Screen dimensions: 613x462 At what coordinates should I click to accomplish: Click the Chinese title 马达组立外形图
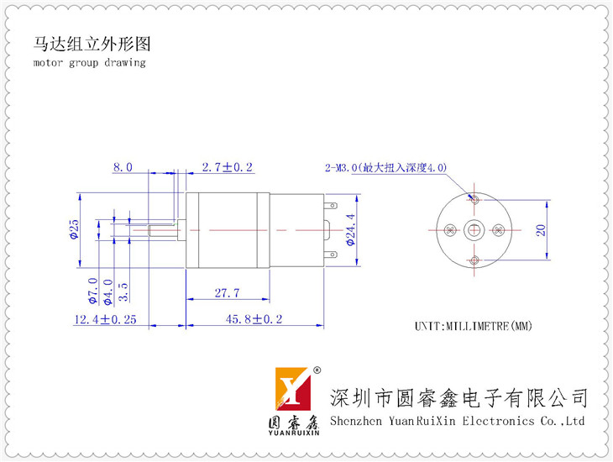click(92, 44)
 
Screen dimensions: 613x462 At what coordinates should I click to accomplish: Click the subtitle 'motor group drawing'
click(90, 63)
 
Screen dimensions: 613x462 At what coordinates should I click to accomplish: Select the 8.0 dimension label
click(123, 167)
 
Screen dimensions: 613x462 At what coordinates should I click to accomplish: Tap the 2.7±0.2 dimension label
click(227, 167)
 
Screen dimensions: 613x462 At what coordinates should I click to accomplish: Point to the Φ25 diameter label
click(74, 229)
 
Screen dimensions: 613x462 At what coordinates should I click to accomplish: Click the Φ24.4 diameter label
click(351, 229)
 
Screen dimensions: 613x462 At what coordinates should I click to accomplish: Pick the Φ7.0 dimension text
click(92, 291)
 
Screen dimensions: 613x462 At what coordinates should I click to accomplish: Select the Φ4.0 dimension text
click(107, 291)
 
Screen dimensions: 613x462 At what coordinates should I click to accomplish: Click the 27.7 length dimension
click(227, 292)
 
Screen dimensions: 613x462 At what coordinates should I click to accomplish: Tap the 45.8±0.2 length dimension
click(254, 319)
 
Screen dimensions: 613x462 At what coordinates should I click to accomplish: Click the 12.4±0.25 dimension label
click(106, 319)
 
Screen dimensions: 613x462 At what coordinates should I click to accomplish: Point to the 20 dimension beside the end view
click(541, 230)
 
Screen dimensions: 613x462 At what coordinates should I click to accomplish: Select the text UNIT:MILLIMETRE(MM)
click(474, 326)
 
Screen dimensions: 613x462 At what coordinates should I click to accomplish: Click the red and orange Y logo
click(293, 388)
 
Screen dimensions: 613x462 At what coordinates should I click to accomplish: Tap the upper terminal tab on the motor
click(330, 206)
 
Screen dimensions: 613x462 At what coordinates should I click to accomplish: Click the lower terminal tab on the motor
click(330, 255)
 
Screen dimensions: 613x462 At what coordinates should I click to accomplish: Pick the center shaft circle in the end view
click(474, 230)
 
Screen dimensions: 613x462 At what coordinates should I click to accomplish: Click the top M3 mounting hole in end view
click(474, 200)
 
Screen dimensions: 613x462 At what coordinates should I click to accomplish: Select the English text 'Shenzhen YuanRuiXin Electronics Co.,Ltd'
click(457, 422)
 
